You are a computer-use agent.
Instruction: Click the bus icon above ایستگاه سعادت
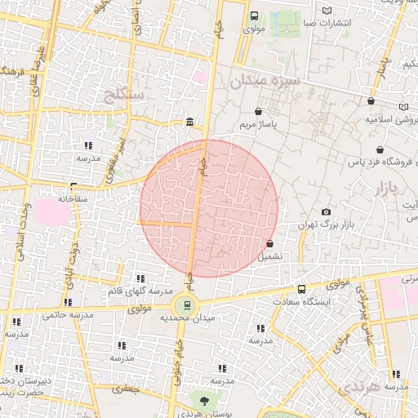click(302, 289)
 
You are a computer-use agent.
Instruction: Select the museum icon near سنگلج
click(190, 122)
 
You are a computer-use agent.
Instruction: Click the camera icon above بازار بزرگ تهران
click(327, 212)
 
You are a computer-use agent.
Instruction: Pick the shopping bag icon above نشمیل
click(269, 244)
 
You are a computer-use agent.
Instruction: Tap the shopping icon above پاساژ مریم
click(259, 112)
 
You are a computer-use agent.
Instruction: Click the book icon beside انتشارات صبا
click(327, 11)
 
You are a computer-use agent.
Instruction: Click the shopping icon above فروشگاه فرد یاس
click(380, 150)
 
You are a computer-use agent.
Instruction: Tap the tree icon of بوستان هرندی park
click(204, 400)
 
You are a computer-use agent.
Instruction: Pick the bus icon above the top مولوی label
click(253, 16)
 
